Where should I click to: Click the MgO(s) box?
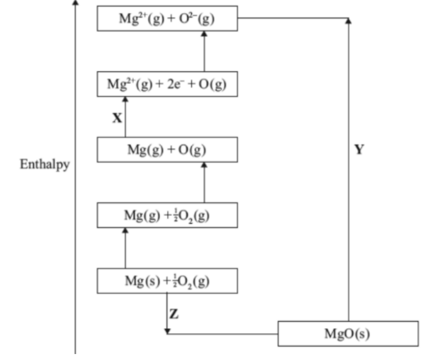coord(347,333)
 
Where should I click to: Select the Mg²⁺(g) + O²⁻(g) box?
coord(167,18)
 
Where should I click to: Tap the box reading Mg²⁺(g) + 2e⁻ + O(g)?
coord(167,84)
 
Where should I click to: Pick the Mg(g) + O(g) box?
coord(167,149)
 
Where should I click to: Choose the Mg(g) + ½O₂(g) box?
coord(167,215)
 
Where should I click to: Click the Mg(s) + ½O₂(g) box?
coord(167,281)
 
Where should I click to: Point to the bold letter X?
coord(116,118)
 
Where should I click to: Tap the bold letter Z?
coord(174,314)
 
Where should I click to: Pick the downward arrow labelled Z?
coord(167,312)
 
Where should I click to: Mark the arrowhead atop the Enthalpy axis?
coord(75,2)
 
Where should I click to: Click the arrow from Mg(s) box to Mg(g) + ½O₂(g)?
coord(125,248)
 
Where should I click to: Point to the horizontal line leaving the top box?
coord(292,18)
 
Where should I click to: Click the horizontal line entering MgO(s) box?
coord(223,333)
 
